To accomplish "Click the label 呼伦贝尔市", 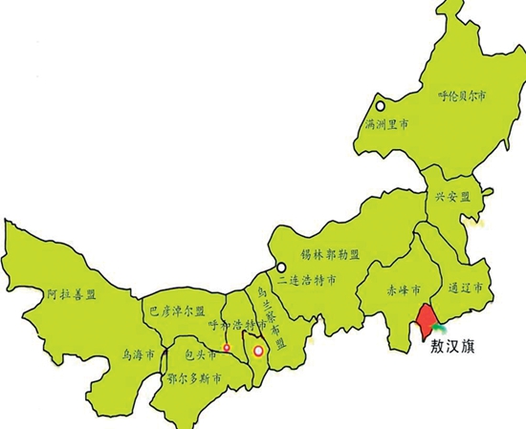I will [462, 97].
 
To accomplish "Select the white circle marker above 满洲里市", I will [380, 107].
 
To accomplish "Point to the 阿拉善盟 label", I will [72, 295].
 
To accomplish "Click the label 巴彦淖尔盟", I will [174, 311].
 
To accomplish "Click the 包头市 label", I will [200, 354].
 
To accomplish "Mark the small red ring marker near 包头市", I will [227, 346].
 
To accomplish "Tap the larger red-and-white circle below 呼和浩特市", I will [256, 351].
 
